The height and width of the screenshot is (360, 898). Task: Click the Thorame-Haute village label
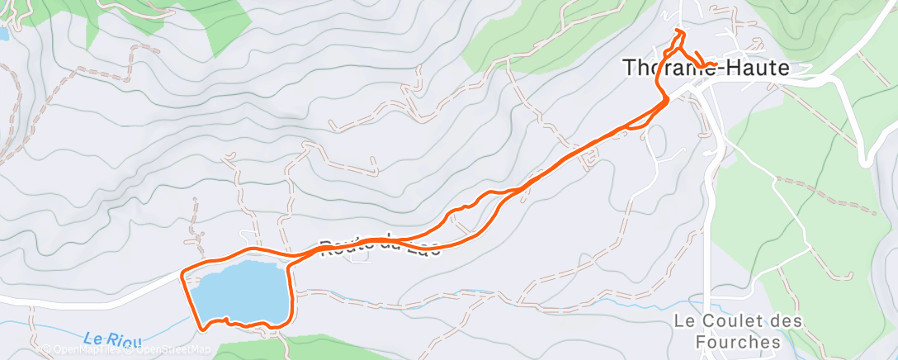706,69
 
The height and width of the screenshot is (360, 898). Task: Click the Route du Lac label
380,246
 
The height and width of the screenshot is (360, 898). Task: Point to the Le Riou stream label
112,338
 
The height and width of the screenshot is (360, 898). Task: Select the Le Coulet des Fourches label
726,330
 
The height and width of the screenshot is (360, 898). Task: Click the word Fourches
726,341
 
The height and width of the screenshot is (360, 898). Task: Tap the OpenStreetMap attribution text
168,349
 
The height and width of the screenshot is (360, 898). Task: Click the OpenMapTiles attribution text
81,349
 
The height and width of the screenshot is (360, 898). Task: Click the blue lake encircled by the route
239,291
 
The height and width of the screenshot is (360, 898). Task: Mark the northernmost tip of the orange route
678,31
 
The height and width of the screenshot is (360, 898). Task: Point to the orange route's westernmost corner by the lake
182,272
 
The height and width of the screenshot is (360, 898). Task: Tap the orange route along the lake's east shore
289,293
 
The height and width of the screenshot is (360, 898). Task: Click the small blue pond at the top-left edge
2,35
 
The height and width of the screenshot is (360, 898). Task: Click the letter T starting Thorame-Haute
630,69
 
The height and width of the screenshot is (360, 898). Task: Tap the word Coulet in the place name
724,320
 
